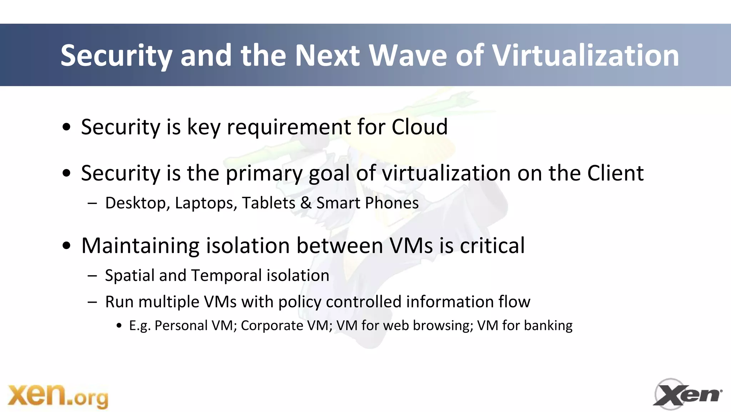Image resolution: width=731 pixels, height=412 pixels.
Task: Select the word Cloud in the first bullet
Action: (x=419, y=127)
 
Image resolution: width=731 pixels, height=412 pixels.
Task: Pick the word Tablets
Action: (x=268, y=203)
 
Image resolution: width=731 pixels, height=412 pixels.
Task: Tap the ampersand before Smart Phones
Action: (x=306, y=203)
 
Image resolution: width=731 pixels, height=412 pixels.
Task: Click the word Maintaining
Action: (x=140, y=246)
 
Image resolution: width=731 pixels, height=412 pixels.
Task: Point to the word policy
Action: (x=299, y=302)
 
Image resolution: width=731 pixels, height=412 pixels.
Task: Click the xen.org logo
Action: (x=58, y=396)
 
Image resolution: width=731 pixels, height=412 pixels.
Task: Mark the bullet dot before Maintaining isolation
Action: (x=66, y=247)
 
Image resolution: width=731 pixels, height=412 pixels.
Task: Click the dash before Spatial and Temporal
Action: (x=92, y=276)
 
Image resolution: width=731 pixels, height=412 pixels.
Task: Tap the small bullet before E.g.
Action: (x=120, y=326)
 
